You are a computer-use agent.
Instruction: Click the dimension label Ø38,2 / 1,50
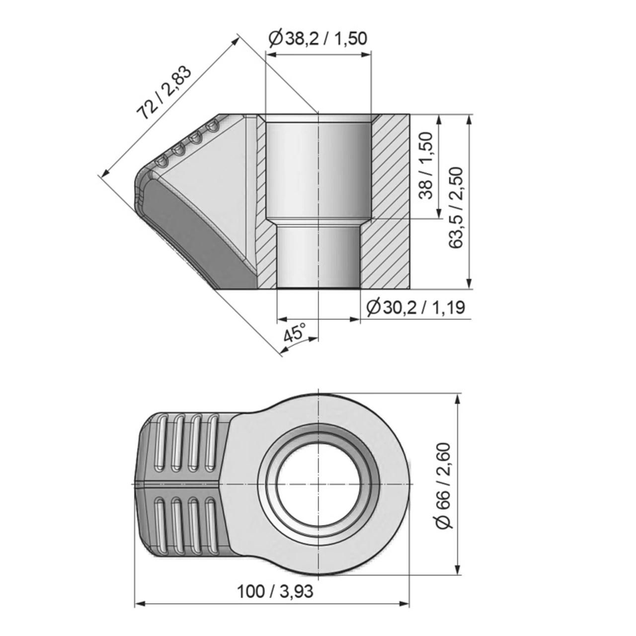318,38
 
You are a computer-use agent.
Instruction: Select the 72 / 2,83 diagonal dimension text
164,94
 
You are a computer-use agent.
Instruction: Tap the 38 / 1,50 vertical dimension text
426,166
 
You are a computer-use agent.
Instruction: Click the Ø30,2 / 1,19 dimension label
415,308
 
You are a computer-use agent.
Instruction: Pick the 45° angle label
295,332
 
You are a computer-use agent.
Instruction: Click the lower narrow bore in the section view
318,256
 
